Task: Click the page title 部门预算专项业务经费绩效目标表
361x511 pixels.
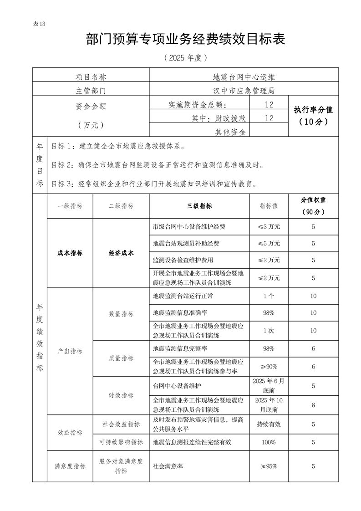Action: tap(185, 40)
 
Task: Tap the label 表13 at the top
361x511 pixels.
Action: tap(40, 24)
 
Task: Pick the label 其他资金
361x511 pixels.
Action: tap(230, 132)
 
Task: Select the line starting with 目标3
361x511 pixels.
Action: tap(155, 184)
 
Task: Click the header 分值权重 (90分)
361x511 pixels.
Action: tap(313, 206)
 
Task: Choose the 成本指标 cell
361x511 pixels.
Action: tap(70, 253)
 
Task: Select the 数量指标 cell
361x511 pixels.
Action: tap(121, 314)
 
